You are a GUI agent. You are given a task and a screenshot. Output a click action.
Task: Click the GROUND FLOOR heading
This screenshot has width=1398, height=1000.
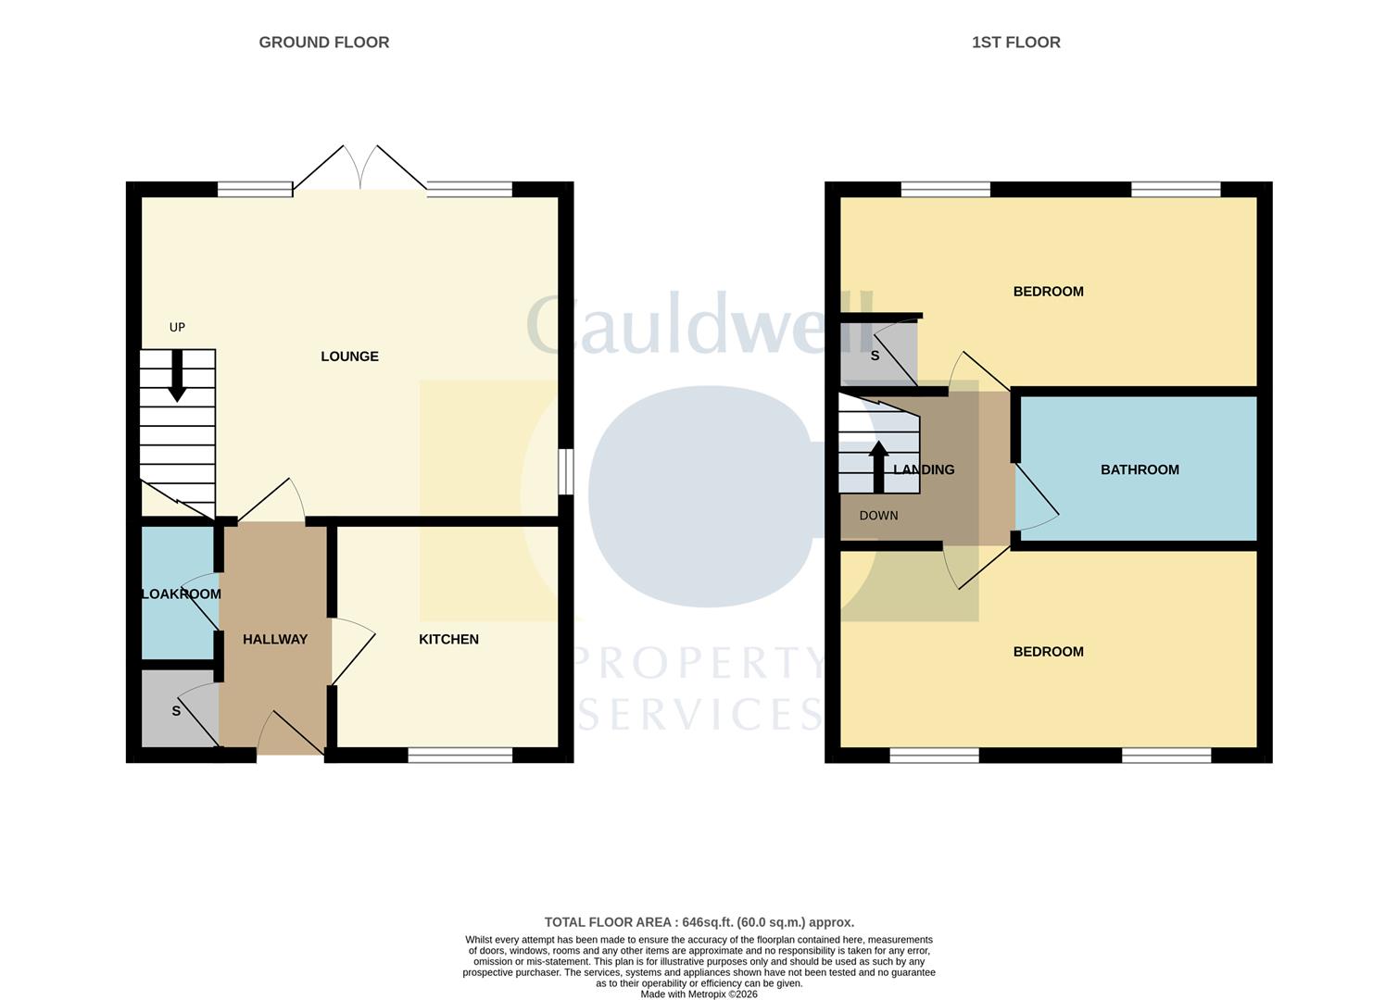point(323,43)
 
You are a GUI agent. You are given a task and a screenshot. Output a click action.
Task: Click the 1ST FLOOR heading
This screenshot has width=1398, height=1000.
point(1015,43)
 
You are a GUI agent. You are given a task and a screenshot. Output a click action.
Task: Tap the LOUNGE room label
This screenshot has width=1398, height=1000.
point(349,356)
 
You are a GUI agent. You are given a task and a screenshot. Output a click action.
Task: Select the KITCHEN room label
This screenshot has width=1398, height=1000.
point(448,640)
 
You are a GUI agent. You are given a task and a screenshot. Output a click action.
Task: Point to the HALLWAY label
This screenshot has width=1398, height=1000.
point(275,640)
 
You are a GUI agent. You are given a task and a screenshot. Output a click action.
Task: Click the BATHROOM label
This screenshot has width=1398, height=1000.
point(1140,470)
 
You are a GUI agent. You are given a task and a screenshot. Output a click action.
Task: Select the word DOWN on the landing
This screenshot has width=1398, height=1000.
point(878,516)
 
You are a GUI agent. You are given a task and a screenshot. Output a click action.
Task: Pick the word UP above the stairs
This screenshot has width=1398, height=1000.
point(177,328)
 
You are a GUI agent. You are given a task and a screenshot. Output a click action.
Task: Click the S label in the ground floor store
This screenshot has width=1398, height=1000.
point(176,711)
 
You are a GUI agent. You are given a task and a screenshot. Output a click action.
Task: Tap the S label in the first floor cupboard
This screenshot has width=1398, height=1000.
point(875,356)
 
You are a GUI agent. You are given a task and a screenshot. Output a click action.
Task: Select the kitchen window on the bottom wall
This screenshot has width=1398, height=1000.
point(460,756)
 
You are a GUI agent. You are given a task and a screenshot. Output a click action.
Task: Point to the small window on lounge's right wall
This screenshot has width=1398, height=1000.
point(565,472)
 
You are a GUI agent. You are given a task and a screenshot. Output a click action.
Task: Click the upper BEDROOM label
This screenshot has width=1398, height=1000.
point(1048,292)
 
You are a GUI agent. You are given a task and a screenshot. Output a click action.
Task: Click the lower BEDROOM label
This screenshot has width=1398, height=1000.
point(1048,652)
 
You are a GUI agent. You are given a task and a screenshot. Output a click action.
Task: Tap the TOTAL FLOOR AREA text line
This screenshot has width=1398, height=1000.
point(699,922)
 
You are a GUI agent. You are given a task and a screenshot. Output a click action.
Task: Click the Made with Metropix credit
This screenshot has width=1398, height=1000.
point(699,994)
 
